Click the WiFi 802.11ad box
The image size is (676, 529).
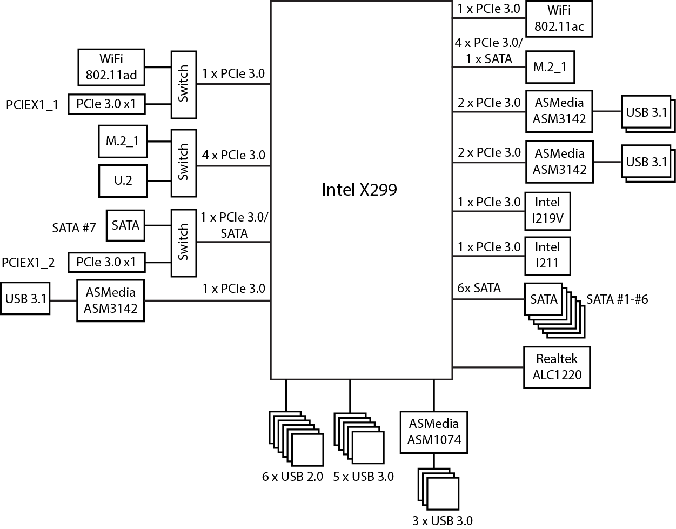point(112,68)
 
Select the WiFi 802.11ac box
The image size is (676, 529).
point(559,18)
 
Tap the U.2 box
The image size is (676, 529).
point(123,180)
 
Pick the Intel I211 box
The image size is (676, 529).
point(547,256)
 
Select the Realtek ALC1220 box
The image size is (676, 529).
point(557,367)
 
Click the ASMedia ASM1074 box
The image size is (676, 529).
point(433,432)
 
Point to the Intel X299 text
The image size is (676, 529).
point(359,190)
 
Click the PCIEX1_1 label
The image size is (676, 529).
point(32,104)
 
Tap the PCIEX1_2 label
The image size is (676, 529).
point(29,263)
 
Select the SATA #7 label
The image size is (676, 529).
point(73,227)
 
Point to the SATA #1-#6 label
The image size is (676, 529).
point(617,299)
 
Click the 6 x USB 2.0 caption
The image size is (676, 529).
point(292,477)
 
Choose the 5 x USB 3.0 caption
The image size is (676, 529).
point(363,477)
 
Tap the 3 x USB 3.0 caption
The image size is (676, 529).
point(442,520)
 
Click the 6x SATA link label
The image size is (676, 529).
point(479,288)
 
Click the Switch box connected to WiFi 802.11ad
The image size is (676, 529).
point(183,84)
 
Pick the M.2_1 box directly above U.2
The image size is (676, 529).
point(122,141)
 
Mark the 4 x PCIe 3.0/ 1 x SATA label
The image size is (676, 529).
point(488,51)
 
